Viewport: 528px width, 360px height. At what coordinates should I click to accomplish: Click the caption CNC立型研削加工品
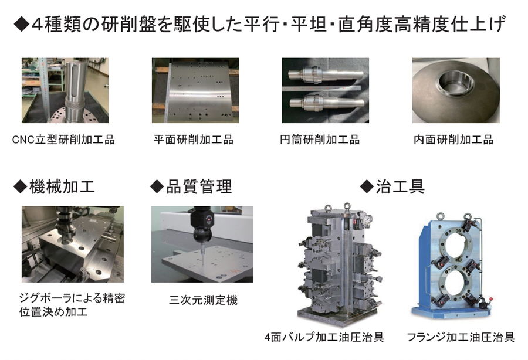pos(63,140)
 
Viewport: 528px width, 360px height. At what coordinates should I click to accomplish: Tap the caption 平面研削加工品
pos(194,140)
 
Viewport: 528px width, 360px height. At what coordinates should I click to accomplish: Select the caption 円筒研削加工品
pos(320,140)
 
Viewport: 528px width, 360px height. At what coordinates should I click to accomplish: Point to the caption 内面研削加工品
pos(453,140)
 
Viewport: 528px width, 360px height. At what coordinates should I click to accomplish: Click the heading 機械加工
pos(62,186)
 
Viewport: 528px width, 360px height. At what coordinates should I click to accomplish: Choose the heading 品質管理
pos(199,186)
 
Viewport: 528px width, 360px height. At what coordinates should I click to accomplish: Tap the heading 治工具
pos(400,186)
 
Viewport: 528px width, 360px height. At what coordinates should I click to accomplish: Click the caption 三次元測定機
pos(204,300)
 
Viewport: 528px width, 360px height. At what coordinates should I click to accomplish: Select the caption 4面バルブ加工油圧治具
pos(324,337)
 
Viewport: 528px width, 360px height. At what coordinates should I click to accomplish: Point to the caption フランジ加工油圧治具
pos(461,337)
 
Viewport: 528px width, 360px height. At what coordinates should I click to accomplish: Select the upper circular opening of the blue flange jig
pos(455,243)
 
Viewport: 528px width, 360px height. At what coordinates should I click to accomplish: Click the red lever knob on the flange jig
pos(491,298)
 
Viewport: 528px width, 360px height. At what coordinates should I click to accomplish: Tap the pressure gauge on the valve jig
pos(368,219)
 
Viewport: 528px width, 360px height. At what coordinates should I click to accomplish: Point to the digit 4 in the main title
pos(38,25)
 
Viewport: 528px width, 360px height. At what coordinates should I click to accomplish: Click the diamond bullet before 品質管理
pos(157,186)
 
